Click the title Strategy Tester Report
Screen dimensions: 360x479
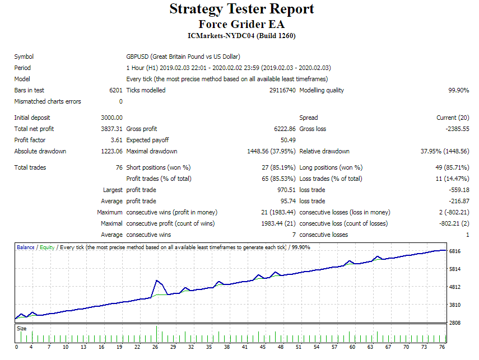pyautogui.click(x=241, y=10)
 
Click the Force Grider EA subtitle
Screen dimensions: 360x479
pyautogui.click(x=241, y=25)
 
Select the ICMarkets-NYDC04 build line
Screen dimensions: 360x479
pyautogui.click(x=241, y=36)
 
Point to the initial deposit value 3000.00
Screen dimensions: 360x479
pyautogui.click(x=111, y=118)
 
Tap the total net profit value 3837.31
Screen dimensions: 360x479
pyautogui.click(x=111, y=129)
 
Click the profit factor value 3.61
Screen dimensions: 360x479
pyautogui.click(x=116, y=140)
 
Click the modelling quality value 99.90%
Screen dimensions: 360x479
pyautogui.click(x=458, y=90)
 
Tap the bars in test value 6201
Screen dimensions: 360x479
pyautogui.click(x=116, y=90)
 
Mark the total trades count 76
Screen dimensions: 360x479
pyautogui.click(x=119, y=167)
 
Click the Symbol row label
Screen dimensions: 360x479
pyautogui.click(x=24, y=57)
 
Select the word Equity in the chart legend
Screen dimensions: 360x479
pyautogui.click(x=47, y=247)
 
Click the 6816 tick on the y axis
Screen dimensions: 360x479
pyautogui.click(x=455, y=251)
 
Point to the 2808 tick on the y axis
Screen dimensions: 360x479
pyautogui.click(x=455, y=323)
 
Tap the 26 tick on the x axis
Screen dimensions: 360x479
pyautogui.click(x=155, y=347)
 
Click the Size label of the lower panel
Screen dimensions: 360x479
pyautogui.click(x=21, y=329)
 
